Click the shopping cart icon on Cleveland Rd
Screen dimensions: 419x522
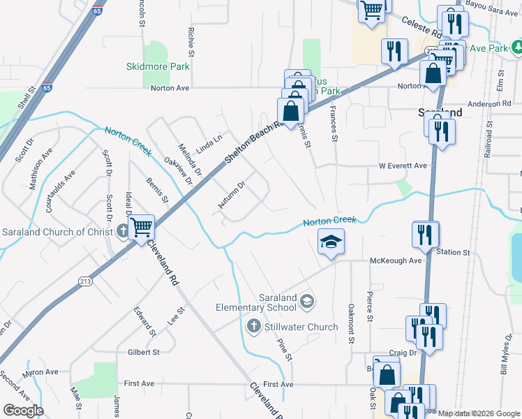click(x=142, y=226)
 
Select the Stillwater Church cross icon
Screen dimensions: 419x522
click(x=254, y=326)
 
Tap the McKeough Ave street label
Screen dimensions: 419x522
click(x=396, y=260)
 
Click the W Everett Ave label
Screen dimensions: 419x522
click(x=402, y=166)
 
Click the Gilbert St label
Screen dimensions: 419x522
click(x=144, y=352)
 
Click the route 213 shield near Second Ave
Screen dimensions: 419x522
click(x=86, y=281)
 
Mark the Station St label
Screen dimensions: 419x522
click(x=454, y=251)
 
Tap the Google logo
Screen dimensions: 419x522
click(x=23, y=411)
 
